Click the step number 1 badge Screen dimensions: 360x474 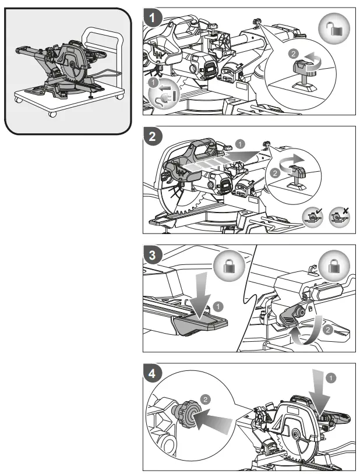153,17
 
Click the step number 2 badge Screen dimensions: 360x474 153,136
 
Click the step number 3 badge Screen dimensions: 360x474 153,255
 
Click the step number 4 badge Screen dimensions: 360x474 153,374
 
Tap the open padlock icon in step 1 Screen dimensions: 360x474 334,28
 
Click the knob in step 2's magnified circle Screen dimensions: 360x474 297,178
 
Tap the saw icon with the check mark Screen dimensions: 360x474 313,217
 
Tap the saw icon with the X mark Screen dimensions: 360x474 340,217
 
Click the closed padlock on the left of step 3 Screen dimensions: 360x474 229,266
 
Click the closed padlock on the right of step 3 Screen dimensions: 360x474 334,266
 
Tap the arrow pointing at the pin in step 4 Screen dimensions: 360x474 213,420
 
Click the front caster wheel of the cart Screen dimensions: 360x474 52,114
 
